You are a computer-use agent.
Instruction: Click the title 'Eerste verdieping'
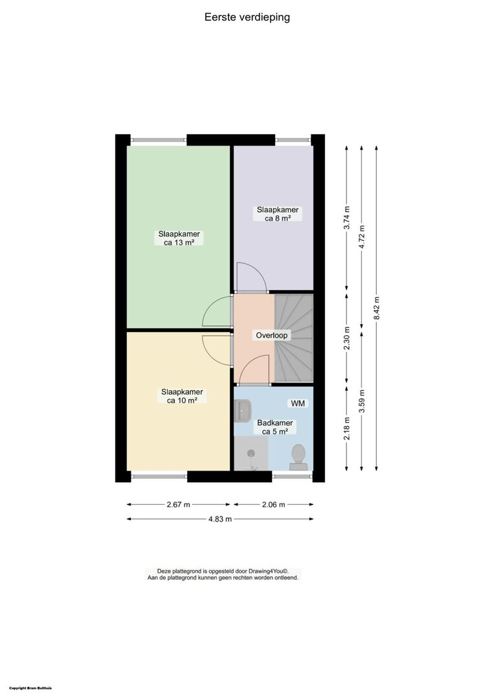tap(247, 17)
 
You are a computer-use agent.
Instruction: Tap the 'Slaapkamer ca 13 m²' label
tap(179, 238)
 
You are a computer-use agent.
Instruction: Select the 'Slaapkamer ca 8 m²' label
tap(278, 214)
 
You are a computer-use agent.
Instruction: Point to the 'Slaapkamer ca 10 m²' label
tap(182, 396)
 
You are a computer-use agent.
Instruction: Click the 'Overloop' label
tap(272, 335)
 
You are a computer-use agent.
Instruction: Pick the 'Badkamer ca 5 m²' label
tap(275, 427)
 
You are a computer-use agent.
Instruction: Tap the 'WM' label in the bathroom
tap(298, 403)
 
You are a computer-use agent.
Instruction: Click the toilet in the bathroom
tap(298, 458)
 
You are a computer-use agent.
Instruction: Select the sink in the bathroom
tap(243, 410)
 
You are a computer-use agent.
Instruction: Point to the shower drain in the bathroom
tap(251, 453)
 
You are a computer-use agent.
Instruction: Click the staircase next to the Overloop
tap(294, 337)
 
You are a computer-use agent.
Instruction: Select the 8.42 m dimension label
tap(377, 308)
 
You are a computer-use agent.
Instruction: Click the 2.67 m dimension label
tap(178, 505)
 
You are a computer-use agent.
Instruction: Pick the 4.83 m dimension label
tap(220, 519)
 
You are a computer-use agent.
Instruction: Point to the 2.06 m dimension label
tap(273, 505)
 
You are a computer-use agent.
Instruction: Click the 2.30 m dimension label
tap(347, 338)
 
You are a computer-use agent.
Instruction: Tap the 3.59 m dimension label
tap(361, 401)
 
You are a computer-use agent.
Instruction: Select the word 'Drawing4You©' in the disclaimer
tap(269, 571)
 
